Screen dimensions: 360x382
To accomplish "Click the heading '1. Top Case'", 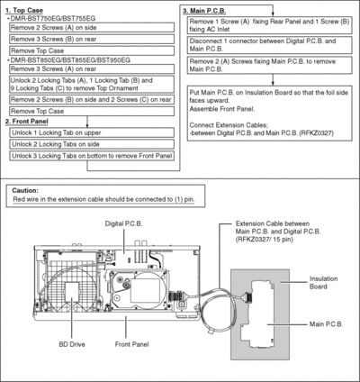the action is pyautogui.click(x=24, y=11).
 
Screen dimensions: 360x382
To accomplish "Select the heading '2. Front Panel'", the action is pyautogui.click(x=26, y=122).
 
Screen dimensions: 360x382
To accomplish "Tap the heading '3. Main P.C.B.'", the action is pyautogui.click(x=204, y=11).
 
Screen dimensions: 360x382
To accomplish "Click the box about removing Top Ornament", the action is pyautogui.click(x=92, y=85).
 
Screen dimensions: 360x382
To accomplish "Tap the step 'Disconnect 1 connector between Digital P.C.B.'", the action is pyautogui.click(x=269, y=45).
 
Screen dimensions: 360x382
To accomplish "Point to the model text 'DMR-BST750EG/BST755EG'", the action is pyautogui.click(x=53, y=19).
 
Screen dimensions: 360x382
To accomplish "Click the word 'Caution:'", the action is pyautogui.click(x=25, y=191).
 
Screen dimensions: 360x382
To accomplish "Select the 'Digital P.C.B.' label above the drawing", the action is pyautogui.click(x=123, y=223).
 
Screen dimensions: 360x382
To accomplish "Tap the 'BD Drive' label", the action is pyautogui.click(x=72, y=344).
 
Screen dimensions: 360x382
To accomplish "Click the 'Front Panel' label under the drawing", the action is pyautogui.click(x=131, y=344).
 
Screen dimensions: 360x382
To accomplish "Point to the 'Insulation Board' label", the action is pyautogui.click(x=323, y=283).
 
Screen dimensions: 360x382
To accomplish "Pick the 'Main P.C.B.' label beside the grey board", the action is pyautogui.click(x=326, y=324).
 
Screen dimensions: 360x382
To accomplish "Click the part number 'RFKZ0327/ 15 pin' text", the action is pyautogui.click(x=265, y=240).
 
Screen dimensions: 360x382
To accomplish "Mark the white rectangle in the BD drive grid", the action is pyautogui.click(x=72, y=290).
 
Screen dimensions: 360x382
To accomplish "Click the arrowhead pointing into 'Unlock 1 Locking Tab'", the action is pyautogui.click(x=87, y=126).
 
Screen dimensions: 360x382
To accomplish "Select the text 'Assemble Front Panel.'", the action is pyautogui.click(x=222, y=109).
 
